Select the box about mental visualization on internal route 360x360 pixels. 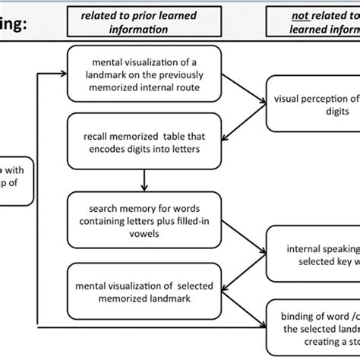(143, 74)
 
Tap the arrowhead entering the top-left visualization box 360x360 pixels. (63, 74)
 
